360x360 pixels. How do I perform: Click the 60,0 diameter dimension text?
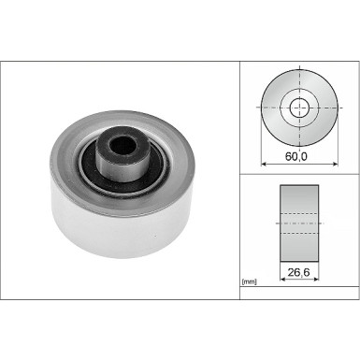(x=300, y=159)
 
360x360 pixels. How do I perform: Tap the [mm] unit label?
(x=249, y=281)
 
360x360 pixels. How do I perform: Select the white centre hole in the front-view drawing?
(x=300, y=108)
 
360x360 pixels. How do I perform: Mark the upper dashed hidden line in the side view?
(x=300, y=213)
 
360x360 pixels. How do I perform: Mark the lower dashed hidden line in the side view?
(x=300, y=233)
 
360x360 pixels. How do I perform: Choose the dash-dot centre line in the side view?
(x=300, y=223)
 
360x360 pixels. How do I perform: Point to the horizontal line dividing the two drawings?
(x=300, y=173)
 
